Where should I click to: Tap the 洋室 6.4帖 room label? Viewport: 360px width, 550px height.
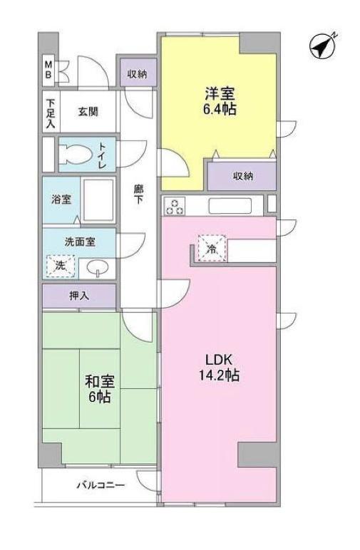(x=219, y=102)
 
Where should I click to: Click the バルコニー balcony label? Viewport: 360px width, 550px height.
(x=101, y=486)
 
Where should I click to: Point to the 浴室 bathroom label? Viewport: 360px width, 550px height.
(x=61, y=199)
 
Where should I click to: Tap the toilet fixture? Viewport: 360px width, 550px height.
(x=74, y=154)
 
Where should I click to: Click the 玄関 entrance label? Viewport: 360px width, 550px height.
(x=88, y=111)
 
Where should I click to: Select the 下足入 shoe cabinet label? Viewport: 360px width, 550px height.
(x=50, y=112)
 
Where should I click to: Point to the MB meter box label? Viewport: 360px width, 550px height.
(x=49, y=69)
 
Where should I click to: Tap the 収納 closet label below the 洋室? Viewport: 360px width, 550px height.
(x=242, y=176)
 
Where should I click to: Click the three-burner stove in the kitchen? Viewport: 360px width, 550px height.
(x=175, y=206)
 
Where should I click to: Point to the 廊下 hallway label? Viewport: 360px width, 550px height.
(x=137, y=194)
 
